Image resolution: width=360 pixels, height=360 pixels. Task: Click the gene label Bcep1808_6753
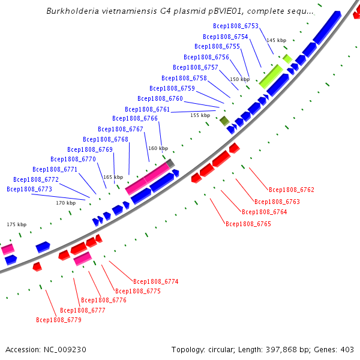coord(235,26)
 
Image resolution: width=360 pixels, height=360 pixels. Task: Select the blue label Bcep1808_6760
coord(160,98)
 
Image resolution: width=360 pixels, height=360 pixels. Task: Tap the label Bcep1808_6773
coord(29,189)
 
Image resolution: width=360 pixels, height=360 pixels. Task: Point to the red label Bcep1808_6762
coord(292,190)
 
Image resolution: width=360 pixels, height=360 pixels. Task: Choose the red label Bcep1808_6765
coord(248,224)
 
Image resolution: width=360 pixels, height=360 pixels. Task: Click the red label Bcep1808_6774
coord(155,281)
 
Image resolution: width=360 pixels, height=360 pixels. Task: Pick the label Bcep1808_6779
coord(58,320)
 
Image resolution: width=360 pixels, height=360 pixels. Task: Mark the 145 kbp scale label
coord(276,40)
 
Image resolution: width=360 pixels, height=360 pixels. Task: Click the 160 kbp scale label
coord(158,148)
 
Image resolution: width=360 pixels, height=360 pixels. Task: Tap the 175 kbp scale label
coord(17,224)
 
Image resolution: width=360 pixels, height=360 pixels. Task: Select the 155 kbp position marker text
coord(200,115)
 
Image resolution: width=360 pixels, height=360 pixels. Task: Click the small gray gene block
coord(170,163)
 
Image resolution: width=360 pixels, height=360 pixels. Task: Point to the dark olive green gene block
coord(224,121)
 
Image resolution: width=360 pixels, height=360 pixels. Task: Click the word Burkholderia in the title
coord(71,11)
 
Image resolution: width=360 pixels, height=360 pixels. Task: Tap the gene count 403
coord(347,349)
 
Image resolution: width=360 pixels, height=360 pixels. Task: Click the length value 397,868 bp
coord(287,349)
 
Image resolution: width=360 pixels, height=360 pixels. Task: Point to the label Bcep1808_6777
coord(83,310)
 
